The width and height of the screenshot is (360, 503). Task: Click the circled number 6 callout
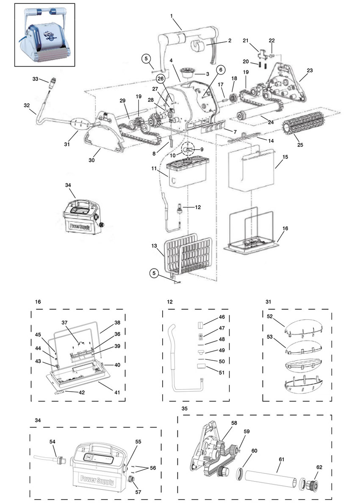click(220, 70)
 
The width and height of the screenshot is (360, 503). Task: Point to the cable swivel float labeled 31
click(79, 124)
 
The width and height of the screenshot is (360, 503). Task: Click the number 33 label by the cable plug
click(35, 79)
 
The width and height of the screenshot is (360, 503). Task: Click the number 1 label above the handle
click(172, 16)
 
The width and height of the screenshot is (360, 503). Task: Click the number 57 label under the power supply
click(138, 492)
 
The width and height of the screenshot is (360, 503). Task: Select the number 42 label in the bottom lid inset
click(81, 392)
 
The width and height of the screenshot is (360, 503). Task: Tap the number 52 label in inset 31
click(269, 316)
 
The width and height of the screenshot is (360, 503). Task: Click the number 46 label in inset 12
click(222, 317)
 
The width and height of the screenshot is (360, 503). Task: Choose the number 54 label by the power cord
click(52, 442)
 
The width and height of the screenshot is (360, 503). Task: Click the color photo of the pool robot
click(44, 35)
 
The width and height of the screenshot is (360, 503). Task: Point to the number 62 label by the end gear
click(319, 467)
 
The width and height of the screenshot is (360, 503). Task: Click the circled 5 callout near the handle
click(146, 59)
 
